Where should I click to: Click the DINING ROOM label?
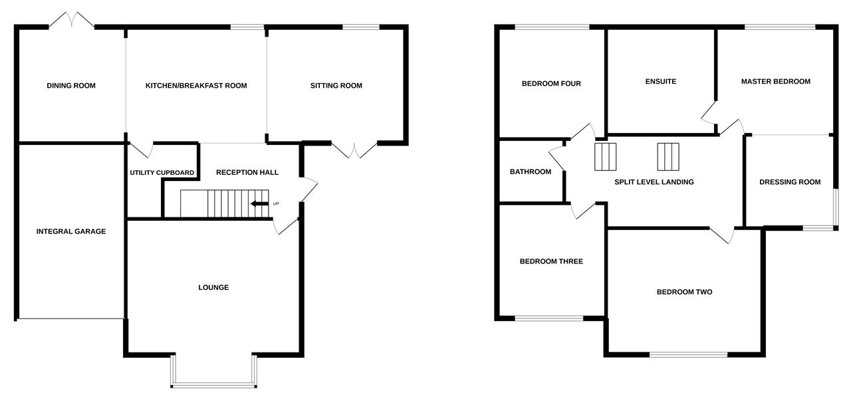tap(71, 86)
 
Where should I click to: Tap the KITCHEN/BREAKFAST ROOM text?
tap(196, 86)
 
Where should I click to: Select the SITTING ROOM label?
tap(336, 86)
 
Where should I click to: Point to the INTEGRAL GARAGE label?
tap(71, 231)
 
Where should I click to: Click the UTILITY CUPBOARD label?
tap(162, 173)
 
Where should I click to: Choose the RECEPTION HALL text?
tap(247, 173)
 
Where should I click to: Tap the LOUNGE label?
tap(213, 288)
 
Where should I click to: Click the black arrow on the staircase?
tap(259, 203)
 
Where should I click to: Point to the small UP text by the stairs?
tap(276, 203)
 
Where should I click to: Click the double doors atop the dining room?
tap(71, 20)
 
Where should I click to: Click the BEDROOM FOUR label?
tap(551, 84)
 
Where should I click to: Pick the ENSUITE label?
tap(661, 82)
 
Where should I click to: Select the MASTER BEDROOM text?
tap(776, 82)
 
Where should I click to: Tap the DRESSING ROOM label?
tap(790, 182)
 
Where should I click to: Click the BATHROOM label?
tap(531, 172)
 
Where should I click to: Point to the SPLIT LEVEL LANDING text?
tap(649, 182)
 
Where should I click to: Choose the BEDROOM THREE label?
tap(551, 262)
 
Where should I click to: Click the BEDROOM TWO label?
tap(684, 292)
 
